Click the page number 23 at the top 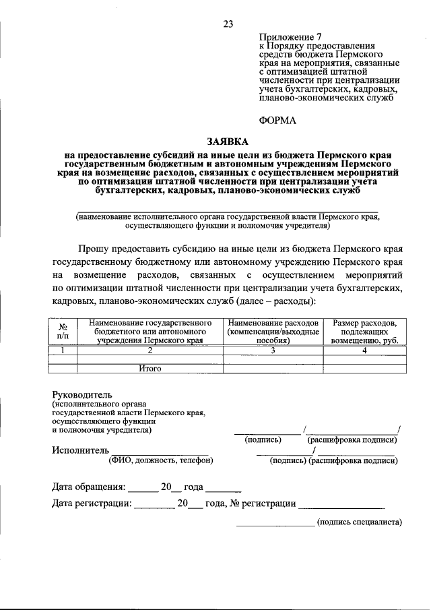pos(228,24)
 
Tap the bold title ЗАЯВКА pos(228,142)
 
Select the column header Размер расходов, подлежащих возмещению pos(364,332)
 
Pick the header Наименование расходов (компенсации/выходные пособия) pos(273,332)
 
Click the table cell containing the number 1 pos(63,350)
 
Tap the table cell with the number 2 pos(150,350)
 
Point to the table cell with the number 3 pos(273,350)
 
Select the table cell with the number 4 pos(364,350)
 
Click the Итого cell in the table pos(150,369)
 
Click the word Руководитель pos(83,394)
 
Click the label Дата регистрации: pos(92,504)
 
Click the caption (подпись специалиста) pos(359,522)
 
